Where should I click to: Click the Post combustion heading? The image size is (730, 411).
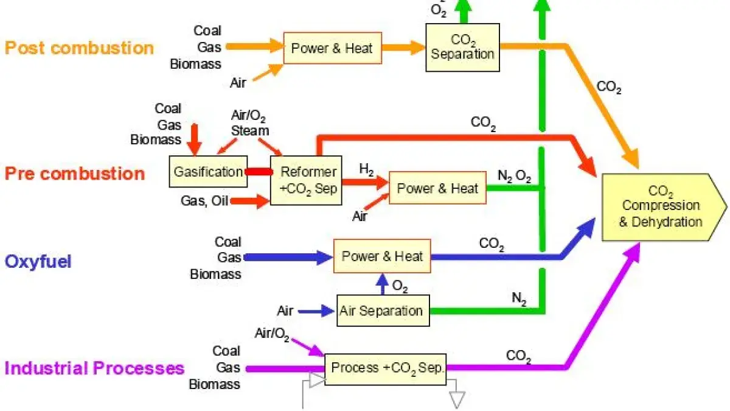pyautogui.click(x=79, y=47)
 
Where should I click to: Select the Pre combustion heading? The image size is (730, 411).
pyautogui.click(x=75, y=174)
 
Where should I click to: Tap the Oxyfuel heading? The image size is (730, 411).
pyautogui.click(x=38, y=261)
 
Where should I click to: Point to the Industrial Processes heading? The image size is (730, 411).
pyautogui.click(x=94, y=368)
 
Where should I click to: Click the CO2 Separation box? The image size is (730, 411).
pyautogui.click(x=462, y=47)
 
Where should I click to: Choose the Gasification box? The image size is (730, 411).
pyautogui.click(x=208, y=172)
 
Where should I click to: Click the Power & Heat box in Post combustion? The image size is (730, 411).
pyautogui.click(x=332, y=48)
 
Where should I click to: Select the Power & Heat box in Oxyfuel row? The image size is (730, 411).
pyautogui.click(x=382, y=256)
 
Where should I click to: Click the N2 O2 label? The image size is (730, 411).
pyautogui.click(x=515, y=177)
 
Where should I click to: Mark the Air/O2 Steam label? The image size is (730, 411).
pyautogui.click(x=249, y=123)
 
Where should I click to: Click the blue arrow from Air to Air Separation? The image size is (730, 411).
pyautogui.click(x=316, y=311)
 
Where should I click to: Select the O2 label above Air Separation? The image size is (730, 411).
pyautogui.click(x=400, y=286)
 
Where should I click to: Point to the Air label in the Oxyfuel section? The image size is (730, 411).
pyautogui.click(x=285, y=311)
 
